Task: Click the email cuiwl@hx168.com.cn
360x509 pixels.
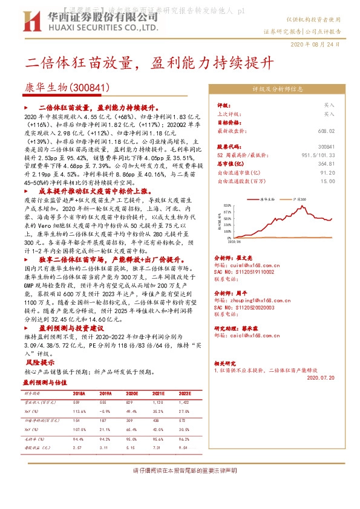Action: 250,264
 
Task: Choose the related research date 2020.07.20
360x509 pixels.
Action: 321,377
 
